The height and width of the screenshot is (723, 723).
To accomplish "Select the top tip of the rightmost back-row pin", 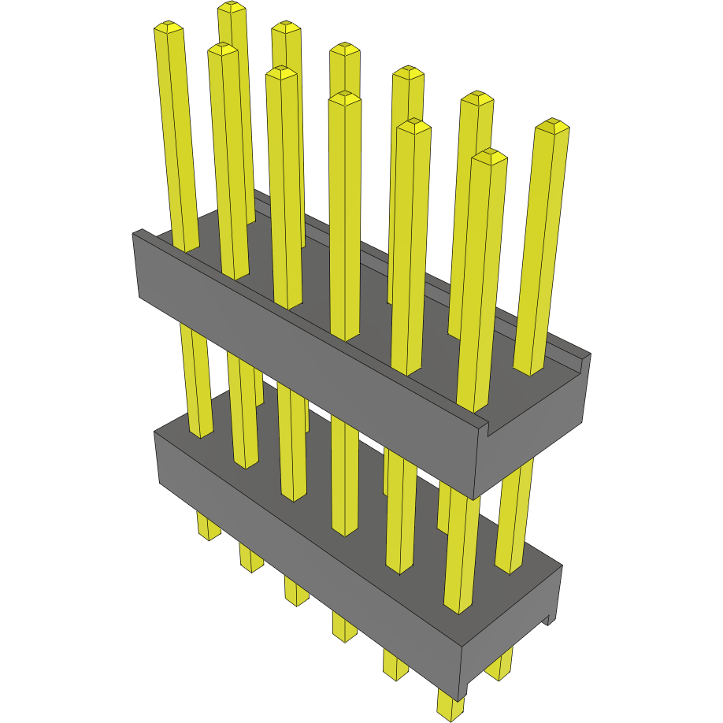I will [x=552, y=126].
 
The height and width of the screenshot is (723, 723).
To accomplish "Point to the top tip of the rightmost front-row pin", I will [x=489, y=156].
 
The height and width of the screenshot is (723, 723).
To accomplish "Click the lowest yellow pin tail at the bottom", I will [x=451, y=706].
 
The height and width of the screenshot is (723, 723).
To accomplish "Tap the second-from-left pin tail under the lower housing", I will [x=250, y=558].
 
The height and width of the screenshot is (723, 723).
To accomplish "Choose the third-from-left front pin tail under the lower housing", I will [x=295, y=591].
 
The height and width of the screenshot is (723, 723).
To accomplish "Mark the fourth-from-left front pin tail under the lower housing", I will [x=344, y=627].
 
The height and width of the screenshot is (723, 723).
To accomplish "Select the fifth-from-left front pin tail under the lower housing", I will [x=395, y=664].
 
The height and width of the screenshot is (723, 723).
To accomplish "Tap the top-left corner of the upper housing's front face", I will [x=134, y=234].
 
